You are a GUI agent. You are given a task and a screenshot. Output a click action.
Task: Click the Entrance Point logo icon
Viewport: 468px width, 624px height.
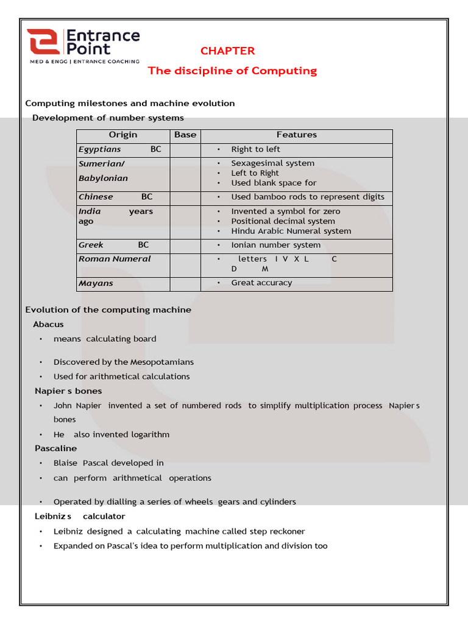coord(43,42)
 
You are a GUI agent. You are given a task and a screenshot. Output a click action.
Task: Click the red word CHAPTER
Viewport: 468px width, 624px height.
coord(227,51)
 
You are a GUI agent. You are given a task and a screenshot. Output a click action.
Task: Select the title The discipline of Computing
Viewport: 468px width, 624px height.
coord(232,71)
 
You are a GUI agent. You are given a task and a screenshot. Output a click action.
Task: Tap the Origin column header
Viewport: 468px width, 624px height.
coord(123,135)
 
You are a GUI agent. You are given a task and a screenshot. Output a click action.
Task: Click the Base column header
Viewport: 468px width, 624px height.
coord(185,135)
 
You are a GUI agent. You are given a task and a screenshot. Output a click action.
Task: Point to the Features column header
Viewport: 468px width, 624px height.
coord(297,135)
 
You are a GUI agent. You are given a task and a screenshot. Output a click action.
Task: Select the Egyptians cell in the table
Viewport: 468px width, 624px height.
coord(100,149)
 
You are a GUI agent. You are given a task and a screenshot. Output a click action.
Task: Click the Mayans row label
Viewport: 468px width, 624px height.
coord(96,283)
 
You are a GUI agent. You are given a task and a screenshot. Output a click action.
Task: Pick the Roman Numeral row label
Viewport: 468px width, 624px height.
coord(115,259)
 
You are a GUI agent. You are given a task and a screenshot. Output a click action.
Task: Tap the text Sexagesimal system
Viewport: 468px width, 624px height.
coord(272,163)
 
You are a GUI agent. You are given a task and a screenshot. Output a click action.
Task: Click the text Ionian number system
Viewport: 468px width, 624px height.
coord(275,245)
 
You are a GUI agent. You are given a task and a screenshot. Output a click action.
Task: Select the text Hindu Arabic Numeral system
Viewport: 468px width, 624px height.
coord(291,231)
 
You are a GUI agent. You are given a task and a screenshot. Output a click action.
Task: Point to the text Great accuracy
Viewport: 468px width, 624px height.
coord(261,283)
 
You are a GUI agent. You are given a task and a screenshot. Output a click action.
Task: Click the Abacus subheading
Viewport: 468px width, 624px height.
coord(48,324)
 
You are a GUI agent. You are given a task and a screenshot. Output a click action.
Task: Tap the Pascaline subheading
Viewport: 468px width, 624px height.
coord(56,448)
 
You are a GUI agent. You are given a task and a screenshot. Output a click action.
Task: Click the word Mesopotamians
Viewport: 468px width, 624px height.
coord(162,362)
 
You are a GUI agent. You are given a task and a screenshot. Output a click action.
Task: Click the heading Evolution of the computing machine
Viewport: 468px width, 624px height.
coord(108,310)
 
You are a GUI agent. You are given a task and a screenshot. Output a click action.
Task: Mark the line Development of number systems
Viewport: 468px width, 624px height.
coord(108,118)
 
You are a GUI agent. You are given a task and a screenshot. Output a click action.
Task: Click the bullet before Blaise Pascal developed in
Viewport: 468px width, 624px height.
coord(41,463)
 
